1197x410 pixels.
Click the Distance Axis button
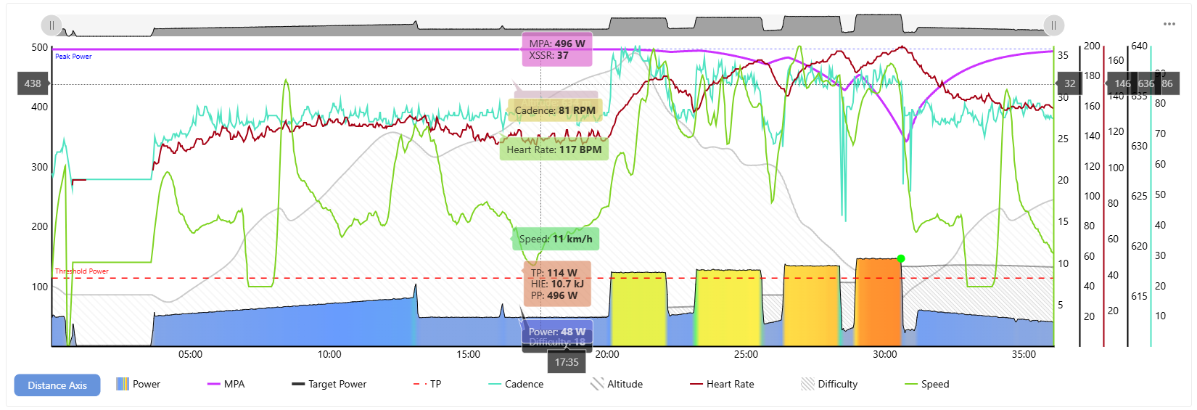coord(57,385)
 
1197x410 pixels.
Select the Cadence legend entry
coord(516,384)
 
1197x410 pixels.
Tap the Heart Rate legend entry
coord(722,384)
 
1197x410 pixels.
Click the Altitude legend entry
coord(617,384)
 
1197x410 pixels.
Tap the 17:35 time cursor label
coord(567,362)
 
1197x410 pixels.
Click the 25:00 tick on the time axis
coord(746,354)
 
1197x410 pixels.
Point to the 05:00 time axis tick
coord(190,354)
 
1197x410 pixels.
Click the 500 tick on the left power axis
coord(40,47)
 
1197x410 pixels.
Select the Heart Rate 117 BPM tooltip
coord(554,149)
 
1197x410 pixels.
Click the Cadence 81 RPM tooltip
coord(555,110)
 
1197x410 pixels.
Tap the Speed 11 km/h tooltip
coord(556,239)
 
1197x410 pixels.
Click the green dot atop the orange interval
coord(901,258)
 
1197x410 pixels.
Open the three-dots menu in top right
coord(1169,24)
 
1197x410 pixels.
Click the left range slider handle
coord(52,25)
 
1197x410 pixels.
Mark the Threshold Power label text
coord(82,271)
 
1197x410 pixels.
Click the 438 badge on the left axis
coord(33,83)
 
